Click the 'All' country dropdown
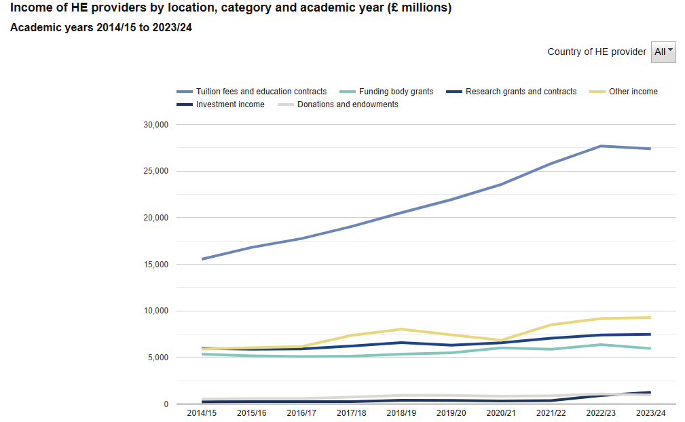663,52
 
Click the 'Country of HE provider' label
597,52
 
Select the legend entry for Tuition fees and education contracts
261,92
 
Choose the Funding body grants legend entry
396,92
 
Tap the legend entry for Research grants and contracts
521,92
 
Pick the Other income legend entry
633,92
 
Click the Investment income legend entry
230,104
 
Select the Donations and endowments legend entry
348,104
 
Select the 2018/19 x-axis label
402,413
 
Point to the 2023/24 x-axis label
650,413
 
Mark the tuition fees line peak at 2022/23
601,146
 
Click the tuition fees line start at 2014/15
203,258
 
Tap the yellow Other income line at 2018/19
402,329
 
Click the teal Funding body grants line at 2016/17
302,356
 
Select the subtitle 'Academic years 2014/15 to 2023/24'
101,28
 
